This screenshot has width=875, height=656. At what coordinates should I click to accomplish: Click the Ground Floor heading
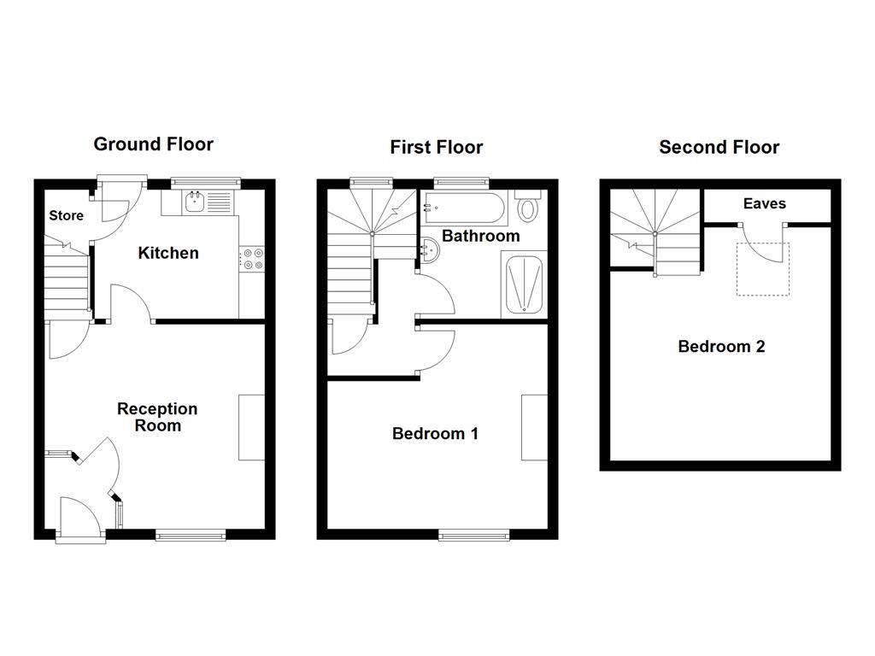154,143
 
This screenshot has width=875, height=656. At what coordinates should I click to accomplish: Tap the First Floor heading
437,147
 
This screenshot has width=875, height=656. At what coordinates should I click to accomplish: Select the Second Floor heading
719,147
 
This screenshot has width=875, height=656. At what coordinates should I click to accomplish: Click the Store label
67,215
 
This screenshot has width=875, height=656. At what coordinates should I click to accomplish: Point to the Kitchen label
168,253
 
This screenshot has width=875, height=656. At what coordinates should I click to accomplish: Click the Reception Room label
157,417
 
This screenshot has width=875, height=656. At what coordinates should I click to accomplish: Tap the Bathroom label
481,236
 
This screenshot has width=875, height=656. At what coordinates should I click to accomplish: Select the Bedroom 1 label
435,433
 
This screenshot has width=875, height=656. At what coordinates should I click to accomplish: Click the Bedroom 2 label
721,347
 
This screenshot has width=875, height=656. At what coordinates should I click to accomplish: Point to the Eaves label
765,203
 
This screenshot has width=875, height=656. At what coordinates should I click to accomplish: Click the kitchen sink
195,202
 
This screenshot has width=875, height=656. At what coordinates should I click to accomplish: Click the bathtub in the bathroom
464,208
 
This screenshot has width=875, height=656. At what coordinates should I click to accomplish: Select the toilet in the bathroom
528,206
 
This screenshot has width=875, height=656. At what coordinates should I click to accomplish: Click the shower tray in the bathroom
524,284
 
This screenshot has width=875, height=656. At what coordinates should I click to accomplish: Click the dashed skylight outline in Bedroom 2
763,269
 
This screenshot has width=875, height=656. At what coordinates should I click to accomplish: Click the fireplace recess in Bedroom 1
535,428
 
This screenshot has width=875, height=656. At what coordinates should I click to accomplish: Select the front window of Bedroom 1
473,536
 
